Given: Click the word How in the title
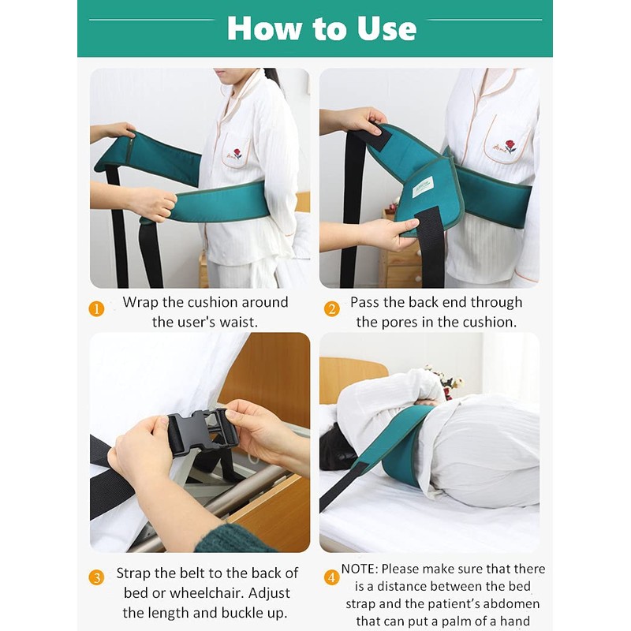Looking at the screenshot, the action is (x=264, y=28).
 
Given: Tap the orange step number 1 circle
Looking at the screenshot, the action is (x=96, y=309).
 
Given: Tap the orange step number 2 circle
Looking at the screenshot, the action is (x=331, y=309).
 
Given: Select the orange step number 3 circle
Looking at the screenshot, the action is (x=96, y=578).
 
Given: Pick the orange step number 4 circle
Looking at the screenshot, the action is (x=331, y=578).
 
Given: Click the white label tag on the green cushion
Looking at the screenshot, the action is (x=423, y=187).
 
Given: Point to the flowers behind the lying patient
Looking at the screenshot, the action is (x=444, y=379).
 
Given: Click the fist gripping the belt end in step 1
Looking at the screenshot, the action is (x=154, y=204).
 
